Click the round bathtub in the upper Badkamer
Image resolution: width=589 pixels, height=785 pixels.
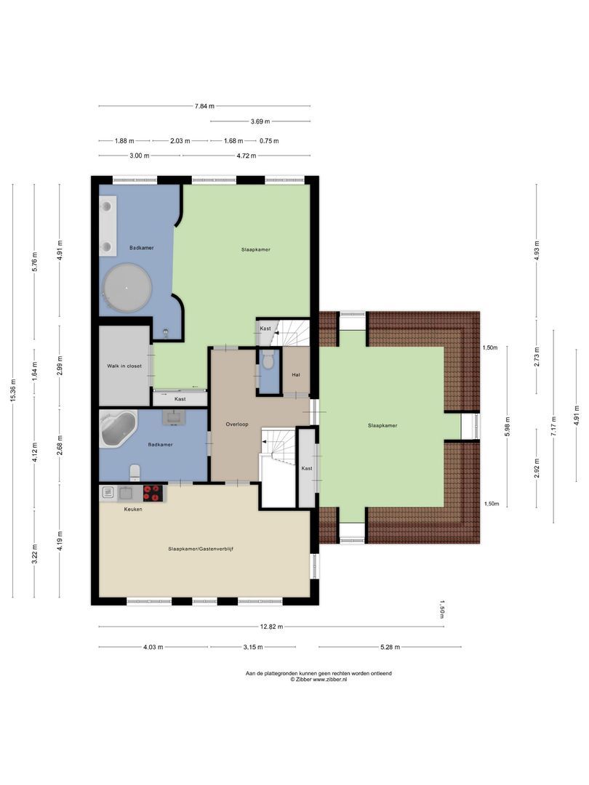127,289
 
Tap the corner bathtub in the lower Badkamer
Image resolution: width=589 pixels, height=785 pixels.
119,429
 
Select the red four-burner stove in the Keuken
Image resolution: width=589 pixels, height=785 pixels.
153,493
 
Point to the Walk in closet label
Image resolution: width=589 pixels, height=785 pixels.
124,366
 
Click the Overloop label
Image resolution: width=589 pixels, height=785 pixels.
237,424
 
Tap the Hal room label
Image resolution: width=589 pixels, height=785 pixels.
296,374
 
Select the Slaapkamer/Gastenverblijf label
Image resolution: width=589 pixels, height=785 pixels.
201,549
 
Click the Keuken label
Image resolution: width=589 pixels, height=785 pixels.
133,509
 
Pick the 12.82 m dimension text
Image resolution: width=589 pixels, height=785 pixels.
271,627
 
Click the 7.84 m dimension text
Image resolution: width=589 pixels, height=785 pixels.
204,106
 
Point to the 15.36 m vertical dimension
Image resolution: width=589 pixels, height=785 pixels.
13,391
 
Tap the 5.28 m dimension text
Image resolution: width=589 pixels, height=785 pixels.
390,647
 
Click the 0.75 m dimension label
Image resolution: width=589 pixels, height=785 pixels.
269,141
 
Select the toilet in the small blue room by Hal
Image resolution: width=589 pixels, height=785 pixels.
268,360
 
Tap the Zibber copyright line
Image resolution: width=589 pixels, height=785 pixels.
318,680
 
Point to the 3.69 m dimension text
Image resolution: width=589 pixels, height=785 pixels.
260,121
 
